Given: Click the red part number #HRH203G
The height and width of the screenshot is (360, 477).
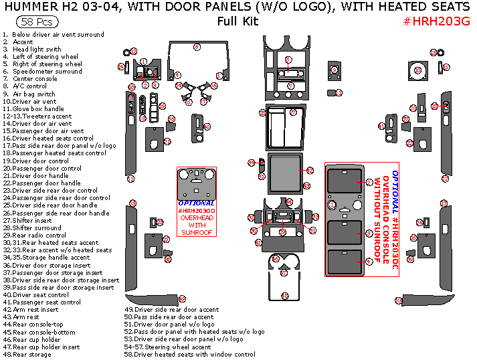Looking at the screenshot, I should coord(437,21).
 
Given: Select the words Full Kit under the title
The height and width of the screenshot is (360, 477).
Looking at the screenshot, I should coord(237,21).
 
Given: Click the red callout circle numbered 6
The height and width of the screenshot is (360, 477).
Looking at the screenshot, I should coord(197,47).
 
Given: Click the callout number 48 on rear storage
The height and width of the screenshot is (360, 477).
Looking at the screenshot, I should coord(284,296).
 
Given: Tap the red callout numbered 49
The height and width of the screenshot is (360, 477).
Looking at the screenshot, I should coord(181,298).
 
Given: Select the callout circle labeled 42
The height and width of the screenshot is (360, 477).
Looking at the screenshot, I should coord(310,172).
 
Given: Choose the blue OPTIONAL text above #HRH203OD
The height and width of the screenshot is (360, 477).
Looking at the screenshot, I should coord(197,203).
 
